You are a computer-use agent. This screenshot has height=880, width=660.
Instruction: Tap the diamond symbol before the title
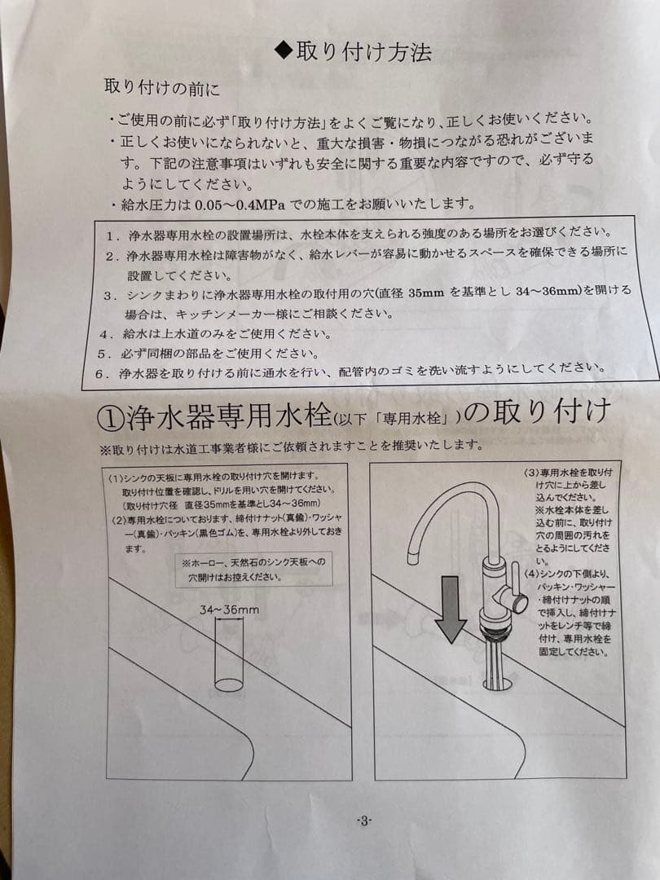[x=283, y=51]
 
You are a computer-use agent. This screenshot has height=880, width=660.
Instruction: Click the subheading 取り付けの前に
[x=162, y=86]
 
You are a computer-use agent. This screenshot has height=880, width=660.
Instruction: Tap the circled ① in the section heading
[x=109, y=418]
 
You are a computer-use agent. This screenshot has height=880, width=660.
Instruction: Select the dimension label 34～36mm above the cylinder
[x=229, y=609]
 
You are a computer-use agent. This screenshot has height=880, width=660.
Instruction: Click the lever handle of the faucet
[x=513, y=598]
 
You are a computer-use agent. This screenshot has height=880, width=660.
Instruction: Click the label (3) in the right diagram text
[x=531, y=473]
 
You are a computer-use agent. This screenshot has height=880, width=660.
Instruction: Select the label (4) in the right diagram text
[x=531, y=574]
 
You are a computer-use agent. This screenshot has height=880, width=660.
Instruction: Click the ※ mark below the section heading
[x=104, y=447]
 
